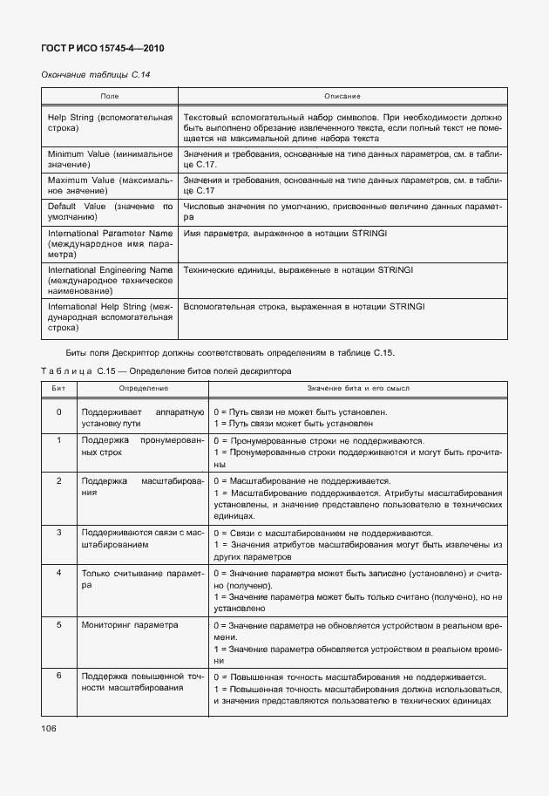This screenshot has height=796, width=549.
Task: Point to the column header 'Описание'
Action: [342, 95]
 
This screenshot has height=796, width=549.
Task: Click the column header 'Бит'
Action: [58, 386]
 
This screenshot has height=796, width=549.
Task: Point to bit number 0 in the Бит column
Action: [58, 412]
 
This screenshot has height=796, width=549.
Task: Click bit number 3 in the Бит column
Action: [58, 532]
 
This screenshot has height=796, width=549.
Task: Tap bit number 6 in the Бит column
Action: [58, 676]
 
